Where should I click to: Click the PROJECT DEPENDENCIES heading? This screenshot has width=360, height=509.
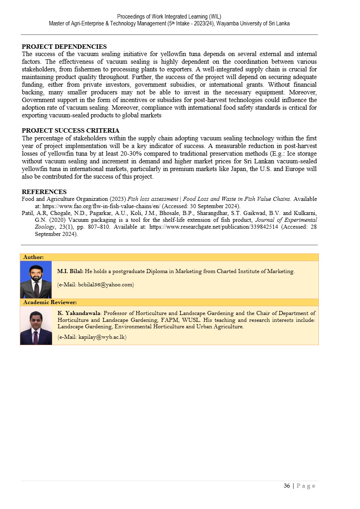(64, 47)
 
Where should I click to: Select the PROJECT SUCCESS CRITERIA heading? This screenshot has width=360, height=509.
(70, 131)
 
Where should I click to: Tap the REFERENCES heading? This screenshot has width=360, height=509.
(44, 192)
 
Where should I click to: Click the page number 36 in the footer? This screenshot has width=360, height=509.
(287, 486)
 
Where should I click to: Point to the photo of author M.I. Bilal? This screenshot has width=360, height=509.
(36, 280)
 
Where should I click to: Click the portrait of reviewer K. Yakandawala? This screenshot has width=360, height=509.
(36, 325)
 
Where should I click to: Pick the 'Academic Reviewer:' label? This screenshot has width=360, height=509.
(50, 302)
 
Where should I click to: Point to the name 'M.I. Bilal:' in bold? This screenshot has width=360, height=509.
(70, 271)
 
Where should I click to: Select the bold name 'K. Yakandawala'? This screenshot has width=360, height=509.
(79, 313)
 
